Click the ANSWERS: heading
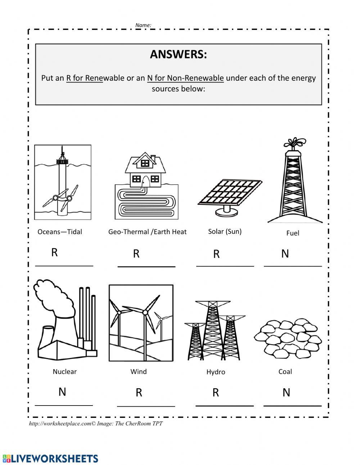point(178,54)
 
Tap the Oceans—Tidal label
point(60,232)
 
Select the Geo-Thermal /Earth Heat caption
point(147,232)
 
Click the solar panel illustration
point(230,193)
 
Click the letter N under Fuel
point(285,254)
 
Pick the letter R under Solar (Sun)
point(216,254)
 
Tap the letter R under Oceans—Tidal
point(54,252)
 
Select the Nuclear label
point(65,371)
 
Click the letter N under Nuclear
point(62,392)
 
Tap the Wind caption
point(139,371)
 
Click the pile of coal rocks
point(285,337)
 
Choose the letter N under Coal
point(286,392)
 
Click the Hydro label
point(216,372)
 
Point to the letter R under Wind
point(139,393)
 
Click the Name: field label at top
point(143,25)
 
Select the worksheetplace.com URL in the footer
point(60,424)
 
